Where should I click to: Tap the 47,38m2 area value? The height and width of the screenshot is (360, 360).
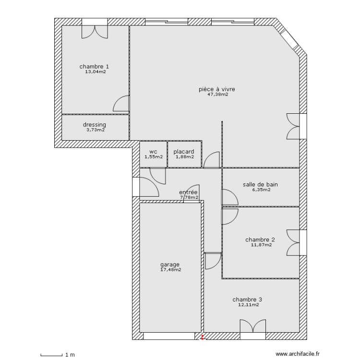pyautogui.click(x=217, y=95)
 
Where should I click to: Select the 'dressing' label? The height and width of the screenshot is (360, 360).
pyautogui.click(x=94, y=125)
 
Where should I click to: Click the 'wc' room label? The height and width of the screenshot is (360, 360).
pyautogui.click(x=153, y=152)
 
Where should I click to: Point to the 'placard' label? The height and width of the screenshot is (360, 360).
pyautogui.click(x=184, y=152)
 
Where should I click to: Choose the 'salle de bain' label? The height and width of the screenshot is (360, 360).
pyautogui.click(x=261, y=184)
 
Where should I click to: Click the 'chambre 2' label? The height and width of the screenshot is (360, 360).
pyautogui.click(x=260, y=240)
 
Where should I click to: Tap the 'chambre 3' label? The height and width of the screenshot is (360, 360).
pyautogui.click(x=247, y=299)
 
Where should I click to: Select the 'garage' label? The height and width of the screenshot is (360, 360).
pyautogui.click(x=170, y=264)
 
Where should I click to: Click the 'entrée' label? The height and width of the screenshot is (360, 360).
pyautogui.click(x=188, y=192)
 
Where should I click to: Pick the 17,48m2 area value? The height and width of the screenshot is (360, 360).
pyautogui.click(x=170, y=270)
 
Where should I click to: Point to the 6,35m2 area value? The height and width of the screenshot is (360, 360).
pyautogui.click(x=261, y=190)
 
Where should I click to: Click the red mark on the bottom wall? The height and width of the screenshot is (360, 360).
pyautogui.click(x=203, y=337)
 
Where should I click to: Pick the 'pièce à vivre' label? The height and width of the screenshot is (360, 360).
pyautogui.click(x=217, y=89)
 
